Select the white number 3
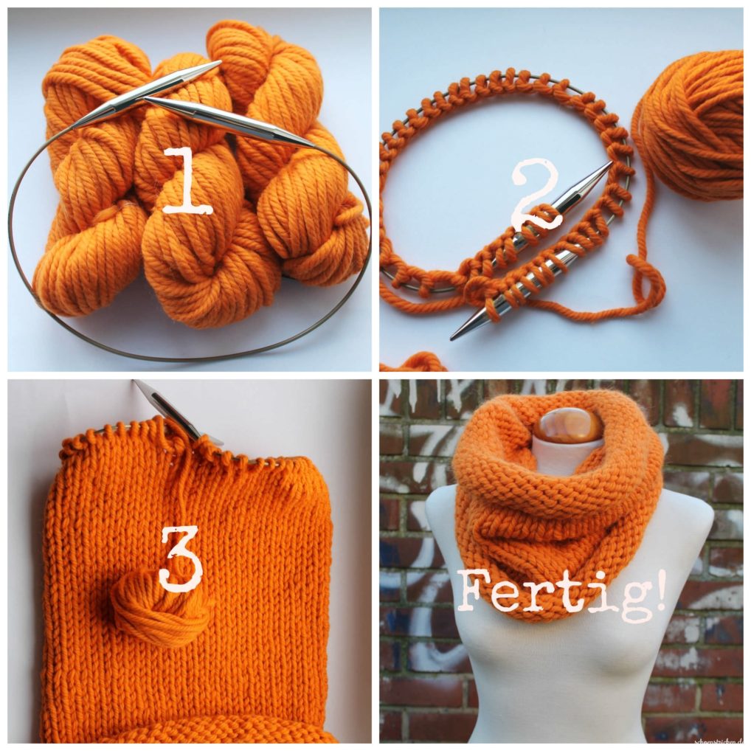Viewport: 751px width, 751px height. [181, 558]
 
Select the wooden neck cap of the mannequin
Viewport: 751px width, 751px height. [568, 425]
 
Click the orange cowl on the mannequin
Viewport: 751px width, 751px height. [561, 516]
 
